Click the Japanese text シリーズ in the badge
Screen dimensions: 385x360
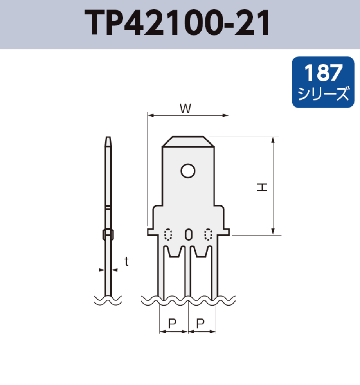point(323,94)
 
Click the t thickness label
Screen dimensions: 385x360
point(126,261)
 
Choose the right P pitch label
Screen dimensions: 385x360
point(200,324)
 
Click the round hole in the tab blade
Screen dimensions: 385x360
point(188,171)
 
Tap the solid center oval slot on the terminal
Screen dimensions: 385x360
point(188,234)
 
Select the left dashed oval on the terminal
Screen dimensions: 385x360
point(168,234)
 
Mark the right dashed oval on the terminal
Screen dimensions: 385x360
point(208,234)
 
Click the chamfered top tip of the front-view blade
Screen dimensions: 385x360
point(188,141)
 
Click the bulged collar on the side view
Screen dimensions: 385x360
point(108,235)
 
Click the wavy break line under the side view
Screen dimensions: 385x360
point(108,300)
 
